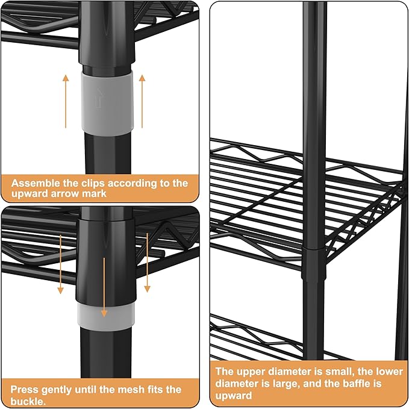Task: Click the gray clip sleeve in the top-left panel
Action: pyautogui.click(x=107, y=102)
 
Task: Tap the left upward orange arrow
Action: pyautogui.click(x=66, y=101)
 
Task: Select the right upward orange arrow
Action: pyautogui.click(x=142, y=101)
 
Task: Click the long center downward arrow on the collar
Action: pyautogui.click(x=104, y=287)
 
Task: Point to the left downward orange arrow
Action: pyautogui.click(x=60, y=264)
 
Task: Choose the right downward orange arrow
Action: pyautogui.click(x=147, y=263)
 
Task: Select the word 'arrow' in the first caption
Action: pyautogui.click(x=65, y=194)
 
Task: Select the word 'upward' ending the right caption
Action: pyautogui.click(x=234, y=396)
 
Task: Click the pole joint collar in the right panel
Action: pyautogui.click(x=314, y=264)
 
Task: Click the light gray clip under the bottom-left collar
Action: pyautogui.click(x=106, y=317)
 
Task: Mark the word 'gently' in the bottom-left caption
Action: pyautogui.click(x=57, y=390)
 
